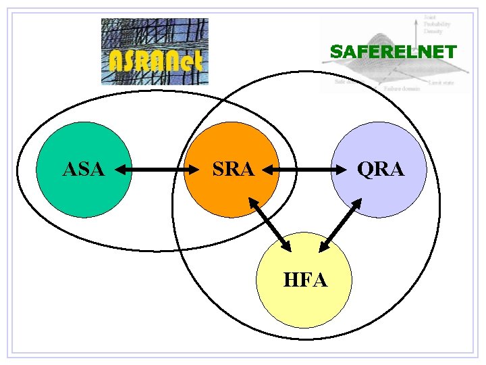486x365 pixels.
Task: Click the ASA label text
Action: coord(84,170)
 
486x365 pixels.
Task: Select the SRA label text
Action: coord(233,170)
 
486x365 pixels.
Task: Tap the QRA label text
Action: coord(381,170)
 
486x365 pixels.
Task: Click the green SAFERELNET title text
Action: coord(394,52)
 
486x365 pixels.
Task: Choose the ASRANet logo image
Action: coord(155,51)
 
